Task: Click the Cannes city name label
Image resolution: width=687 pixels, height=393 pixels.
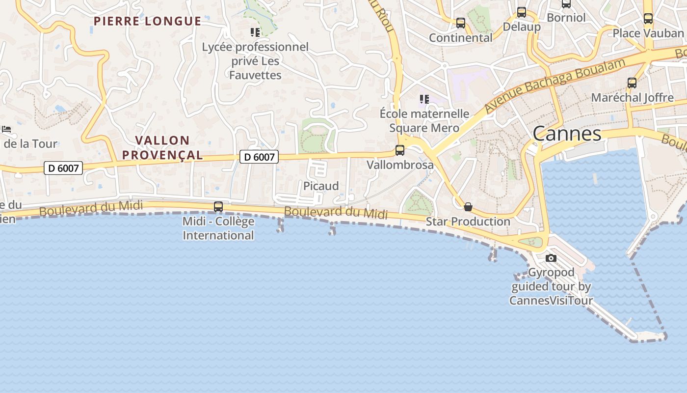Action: click(x=567, y=134)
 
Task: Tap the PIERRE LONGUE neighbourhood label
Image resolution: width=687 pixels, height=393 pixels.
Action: click(x=147, y=21)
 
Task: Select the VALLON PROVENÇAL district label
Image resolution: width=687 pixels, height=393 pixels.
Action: click(x=162, y=148)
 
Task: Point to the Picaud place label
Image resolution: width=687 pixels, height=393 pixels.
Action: click(x=321, y=186)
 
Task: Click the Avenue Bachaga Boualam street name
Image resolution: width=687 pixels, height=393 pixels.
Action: click(x=555, y=86)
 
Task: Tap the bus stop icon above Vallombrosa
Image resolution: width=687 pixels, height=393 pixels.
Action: click(x=400, y=150)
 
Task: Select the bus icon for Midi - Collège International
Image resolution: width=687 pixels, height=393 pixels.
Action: click(x=218, y=207)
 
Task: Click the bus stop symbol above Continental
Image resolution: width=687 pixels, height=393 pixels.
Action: click(x=460, y=23)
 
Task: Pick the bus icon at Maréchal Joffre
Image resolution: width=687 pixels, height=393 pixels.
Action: click(x=632, y=83)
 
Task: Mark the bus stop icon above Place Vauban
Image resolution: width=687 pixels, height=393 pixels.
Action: click(x=648, y=19)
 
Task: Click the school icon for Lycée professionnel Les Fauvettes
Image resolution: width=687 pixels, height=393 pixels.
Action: click(x=255, y=32)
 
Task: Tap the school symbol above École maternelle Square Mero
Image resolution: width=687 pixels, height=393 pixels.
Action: click(x=424, y=99)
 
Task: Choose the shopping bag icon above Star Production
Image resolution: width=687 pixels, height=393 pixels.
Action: click(x=468, y=207)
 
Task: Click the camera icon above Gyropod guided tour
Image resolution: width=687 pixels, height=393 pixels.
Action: click(x=551, y=258)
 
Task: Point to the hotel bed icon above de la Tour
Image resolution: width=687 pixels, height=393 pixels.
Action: click(x=6, y=129)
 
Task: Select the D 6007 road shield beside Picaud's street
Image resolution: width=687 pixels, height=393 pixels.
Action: click(x=259, y=157)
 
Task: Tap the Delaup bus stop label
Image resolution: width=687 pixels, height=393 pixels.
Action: click(x=522, y=27)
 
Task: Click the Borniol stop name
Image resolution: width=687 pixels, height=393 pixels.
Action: click(x=566, y=18)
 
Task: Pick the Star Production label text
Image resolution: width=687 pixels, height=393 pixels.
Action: click(x=468, y=222)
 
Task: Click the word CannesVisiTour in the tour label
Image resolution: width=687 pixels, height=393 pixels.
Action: click(x=551, y=301)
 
